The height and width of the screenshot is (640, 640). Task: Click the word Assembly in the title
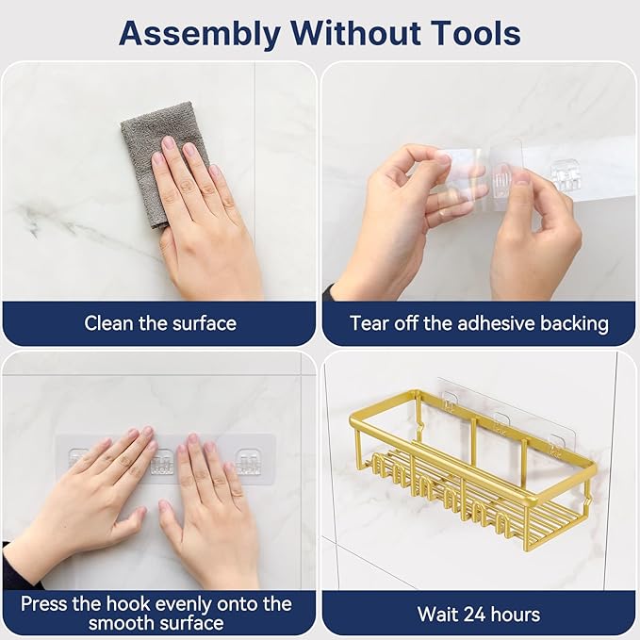200,35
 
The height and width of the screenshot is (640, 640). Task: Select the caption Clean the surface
160,323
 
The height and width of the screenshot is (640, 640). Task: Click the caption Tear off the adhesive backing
479,323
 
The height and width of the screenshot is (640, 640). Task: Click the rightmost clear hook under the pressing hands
249,461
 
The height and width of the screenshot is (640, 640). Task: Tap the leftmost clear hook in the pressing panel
77,456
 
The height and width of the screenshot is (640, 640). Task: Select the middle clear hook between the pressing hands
162,461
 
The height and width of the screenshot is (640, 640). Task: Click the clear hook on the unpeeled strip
566,176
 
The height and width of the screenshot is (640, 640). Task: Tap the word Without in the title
355,33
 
